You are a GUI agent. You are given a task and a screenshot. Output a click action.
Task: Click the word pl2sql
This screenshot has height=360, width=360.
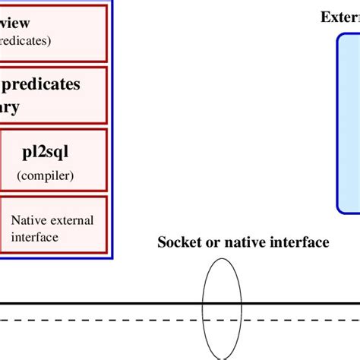coord(46,152)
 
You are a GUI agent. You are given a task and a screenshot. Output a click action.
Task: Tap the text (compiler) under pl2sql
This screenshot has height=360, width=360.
coord(46,177)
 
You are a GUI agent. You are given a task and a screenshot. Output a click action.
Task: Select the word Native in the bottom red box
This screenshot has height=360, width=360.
coord(27,220)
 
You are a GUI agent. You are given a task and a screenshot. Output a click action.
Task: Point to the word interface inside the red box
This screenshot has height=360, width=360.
coord(35,236)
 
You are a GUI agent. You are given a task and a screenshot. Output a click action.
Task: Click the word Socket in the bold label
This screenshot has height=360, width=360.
coord(178,242)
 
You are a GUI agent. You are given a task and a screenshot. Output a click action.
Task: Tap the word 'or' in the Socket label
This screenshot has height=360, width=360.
coord(209,242)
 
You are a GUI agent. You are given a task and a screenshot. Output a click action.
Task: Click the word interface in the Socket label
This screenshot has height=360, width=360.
coord(300,242)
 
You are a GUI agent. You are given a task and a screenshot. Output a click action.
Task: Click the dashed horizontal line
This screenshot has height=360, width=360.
coord(114,321)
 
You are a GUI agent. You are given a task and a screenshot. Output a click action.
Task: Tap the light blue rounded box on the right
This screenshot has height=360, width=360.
coord(349,122)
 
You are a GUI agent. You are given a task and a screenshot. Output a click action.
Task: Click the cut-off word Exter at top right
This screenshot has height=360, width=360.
coord(339,17)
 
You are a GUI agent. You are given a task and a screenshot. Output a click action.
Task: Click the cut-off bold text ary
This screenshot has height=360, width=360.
coord(10,106)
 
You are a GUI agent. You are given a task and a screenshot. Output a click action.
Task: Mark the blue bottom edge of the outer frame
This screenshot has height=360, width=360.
coord(53,259)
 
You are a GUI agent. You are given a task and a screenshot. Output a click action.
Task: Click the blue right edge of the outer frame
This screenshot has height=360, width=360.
coord(113,129)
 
